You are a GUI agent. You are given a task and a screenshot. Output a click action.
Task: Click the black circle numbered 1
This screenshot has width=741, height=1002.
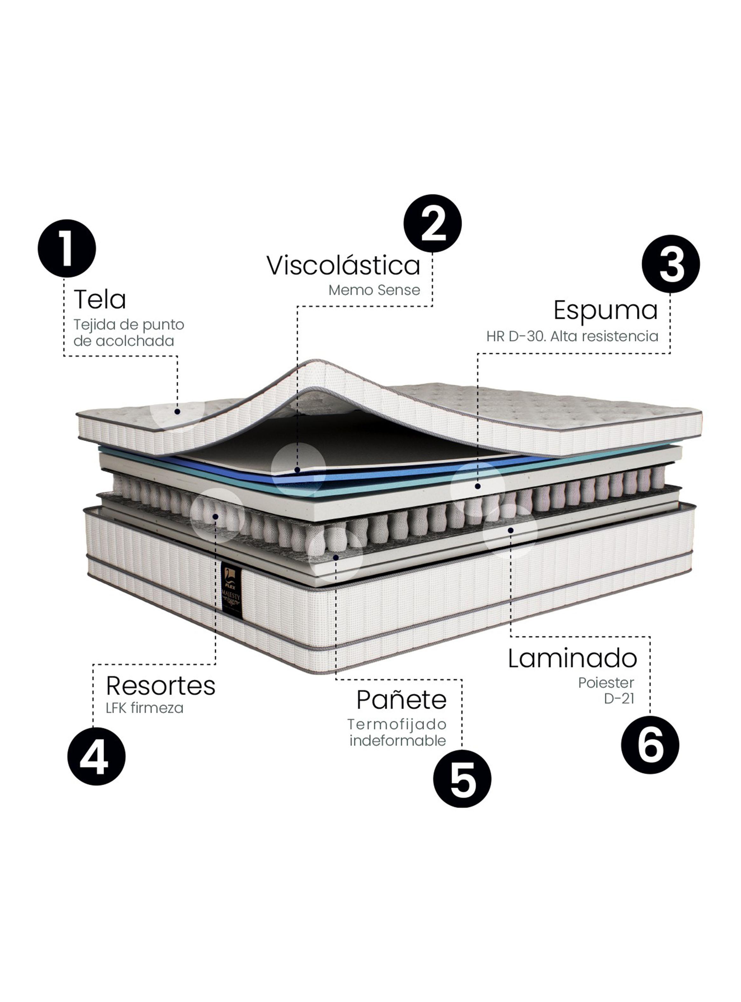point(67,248)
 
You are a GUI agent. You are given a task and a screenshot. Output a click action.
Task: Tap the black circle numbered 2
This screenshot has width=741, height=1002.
point(432,223)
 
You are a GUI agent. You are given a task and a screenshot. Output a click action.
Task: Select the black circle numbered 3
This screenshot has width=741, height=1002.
point(670,264)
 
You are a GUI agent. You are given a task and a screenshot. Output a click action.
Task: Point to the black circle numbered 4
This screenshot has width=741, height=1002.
point(96,756)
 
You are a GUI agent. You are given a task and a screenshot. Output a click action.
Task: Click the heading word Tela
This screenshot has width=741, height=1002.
point(99,300)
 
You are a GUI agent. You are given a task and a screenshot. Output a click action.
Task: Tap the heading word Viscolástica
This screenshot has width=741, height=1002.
point(343,265)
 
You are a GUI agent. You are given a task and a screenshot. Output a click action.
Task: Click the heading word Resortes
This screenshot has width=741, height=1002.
point(161,686)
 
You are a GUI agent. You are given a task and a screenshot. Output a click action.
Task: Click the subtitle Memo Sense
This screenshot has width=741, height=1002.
point(374,290)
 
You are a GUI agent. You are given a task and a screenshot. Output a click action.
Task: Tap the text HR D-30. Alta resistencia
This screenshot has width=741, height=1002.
point(572,336)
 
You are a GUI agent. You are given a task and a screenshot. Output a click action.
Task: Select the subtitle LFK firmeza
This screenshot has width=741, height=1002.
point(144,708)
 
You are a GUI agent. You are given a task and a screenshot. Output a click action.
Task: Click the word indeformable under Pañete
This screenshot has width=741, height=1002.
point(397,741)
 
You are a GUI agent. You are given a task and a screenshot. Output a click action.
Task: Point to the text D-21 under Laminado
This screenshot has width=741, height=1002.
point(619,699)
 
